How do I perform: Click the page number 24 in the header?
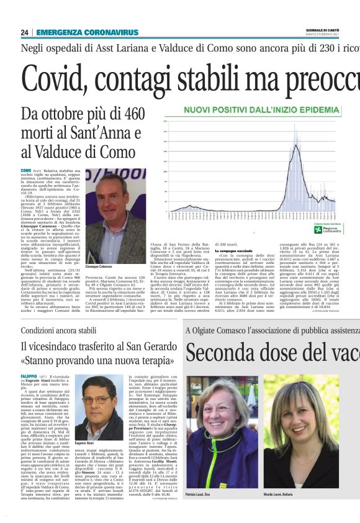(x=25, y=32)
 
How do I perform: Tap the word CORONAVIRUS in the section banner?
(x=112, y=32)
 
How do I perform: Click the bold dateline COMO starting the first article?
(x=25, y=170)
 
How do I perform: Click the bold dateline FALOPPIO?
(x=29, y=376)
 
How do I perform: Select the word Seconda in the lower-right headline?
(x=218, y=353)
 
